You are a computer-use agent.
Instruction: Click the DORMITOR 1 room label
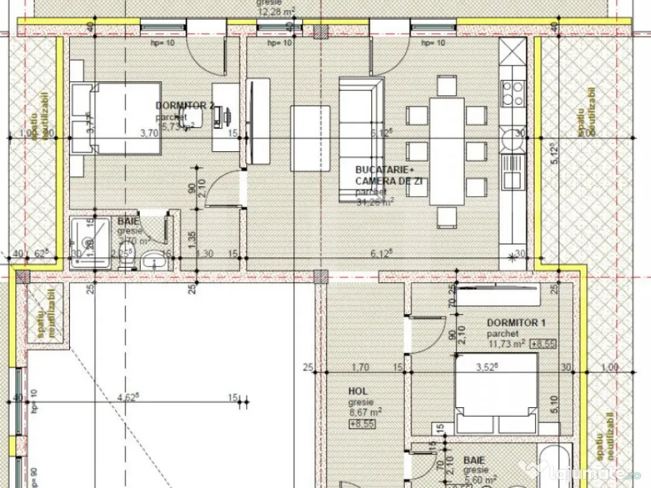point(516,323)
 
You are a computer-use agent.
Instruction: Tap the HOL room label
point(358,391)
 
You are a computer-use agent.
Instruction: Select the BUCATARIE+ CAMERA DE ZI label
point(389,175)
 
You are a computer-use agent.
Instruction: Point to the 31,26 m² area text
point(375,201)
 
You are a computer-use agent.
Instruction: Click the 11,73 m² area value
point(505,344)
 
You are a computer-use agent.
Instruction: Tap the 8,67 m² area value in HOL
point(365,412)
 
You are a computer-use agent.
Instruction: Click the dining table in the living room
point(446,151)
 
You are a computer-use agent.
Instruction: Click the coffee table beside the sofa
point(310,138)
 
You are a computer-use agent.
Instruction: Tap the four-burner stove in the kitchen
point(513,93)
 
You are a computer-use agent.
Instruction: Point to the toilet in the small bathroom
point(152,259)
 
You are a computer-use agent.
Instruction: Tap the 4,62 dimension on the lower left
point(128,398)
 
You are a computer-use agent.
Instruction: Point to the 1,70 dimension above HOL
point(360,367)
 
